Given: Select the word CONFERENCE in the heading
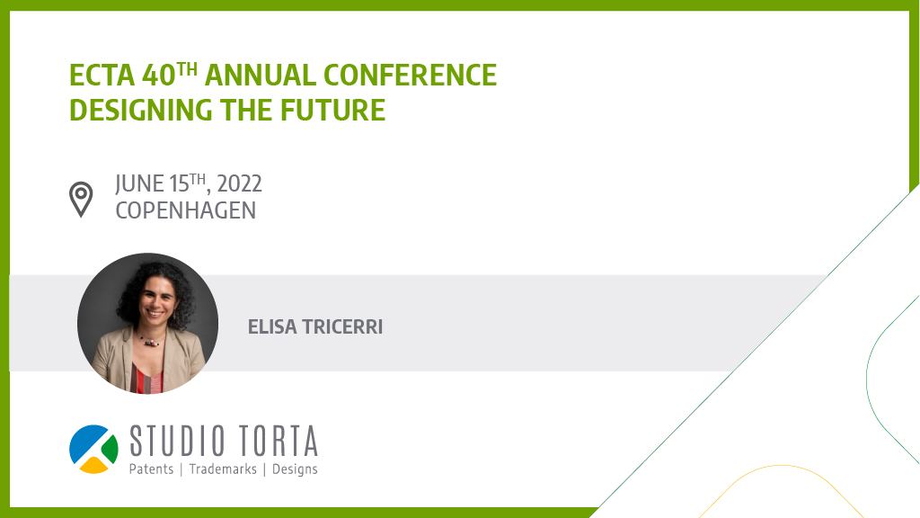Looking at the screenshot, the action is coord(410,76).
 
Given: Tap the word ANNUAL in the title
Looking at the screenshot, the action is coord(260,76).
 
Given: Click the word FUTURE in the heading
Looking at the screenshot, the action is coord(332,111).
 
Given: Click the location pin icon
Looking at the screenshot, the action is coord(81,199).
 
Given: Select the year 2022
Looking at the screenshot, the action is coord(239,183).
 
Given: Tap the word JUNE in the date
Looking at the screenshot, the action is coord(139,183).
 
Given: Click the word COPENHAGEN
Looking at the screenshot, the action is coord(185,210).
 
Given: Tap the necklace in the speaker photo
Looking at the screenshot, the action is coord(150,341).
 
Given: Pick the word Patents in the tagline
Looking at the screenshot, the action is coord(151,469).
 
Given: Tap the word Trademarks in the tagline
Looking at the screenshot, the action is coord(223,469).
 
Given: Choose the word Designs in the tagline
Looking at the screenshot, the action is coord(295,469).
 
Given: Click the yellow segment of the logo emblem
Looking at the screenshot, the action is coord(93,465).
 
